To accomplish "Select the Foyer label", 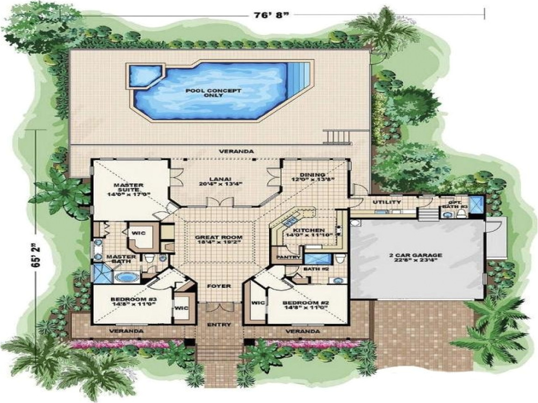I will click(219, 286).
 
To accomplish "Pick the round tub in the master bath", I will click(124, 278).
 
